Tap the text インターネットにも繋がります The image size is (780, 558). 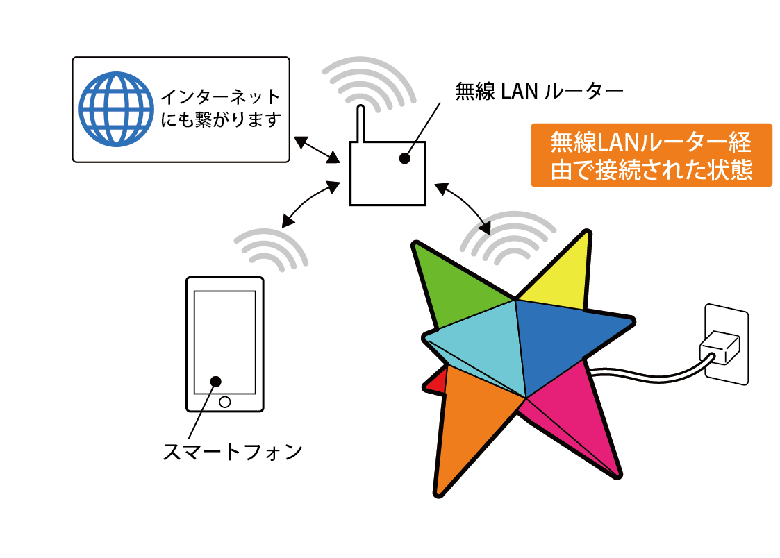point(220,108)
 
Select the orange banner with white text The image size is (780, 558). point(651,155)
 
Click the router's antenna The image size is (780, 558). point(360,126)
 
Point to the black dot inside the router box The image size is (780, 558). point(404,160)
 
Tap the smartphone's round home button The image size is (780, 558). point(224,402)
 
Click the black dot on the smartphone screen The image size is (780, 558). point(215,381)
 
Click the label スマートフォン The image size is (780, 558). point(232,452)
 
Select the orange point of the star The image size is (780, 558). point(472,423)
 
